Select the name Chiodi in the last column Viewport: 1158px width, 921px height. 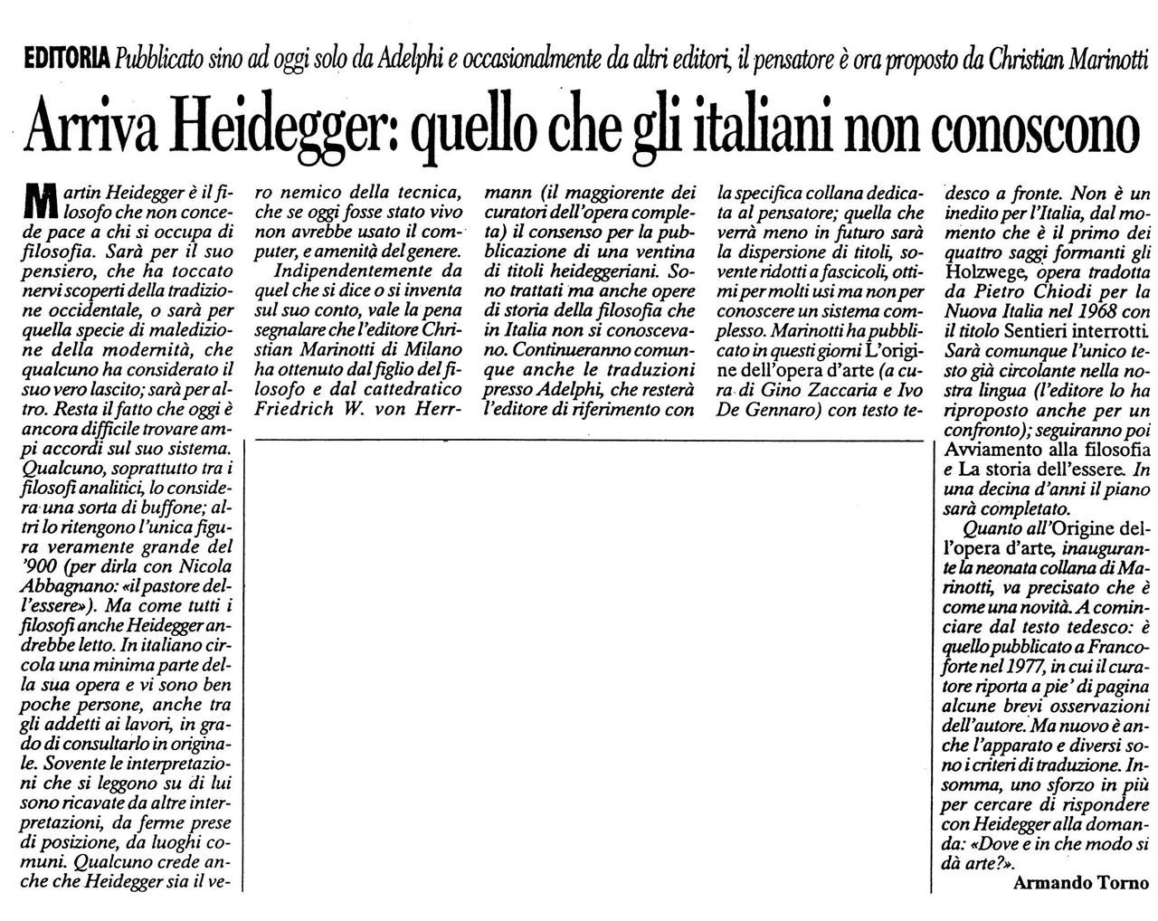[1035, 290]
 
